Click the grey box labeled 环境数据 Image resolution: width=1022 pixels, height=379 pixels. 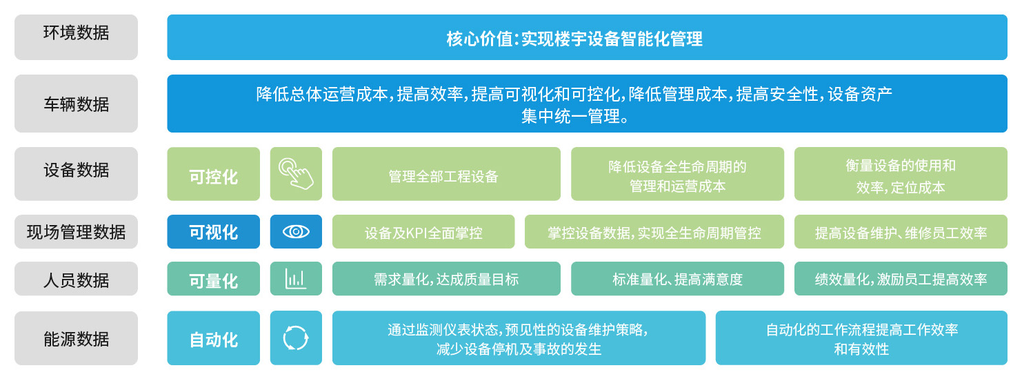point(76,37)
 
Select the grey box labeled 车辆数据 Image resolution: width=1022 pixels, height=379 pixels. point(76,104)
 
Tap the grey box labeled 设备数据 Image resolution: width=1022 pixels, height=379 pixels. point(76,173)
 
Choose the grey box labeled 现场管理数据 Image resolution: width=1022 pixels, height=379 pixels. point(76,231)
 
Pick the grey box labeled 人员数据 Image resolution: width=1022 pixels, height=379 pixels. point(76,278)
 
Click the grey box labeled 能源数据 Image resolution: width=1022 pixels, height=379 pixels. point(76,338)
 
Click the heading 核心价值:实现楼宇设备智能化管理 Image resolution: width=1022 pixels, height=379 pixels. point(574,39)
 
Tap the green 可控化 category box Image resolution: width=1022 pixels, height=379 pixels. point(214,173)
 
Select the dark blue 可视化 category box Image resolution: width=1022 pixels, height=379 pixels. point(214,231)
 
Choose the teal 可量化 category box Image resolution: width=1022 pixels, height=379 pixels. point(214,278)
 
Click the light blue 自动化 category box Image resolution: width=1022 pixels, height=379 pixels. point(214,338)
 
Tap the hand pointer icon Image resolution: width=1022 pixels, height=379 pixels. point(296,173)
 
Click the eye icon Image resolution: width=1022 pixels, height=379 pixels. point(296,231)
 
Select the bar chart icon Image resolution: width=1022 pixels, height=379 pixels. point(296,278)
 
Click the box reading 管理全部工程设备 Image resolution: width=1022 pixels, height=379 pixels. point(446,173)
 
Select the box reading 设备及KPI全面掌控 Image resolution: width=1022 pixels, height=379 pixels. point(423,231)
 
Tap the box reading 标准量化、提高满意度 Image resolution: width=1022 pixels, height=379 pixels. point(677,278)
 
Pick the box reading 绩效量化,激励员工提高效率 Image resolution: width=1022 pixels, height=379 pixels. point(901,278)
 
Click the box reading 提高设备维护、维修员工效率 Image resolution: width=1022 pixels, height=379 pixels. point(901,231)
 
